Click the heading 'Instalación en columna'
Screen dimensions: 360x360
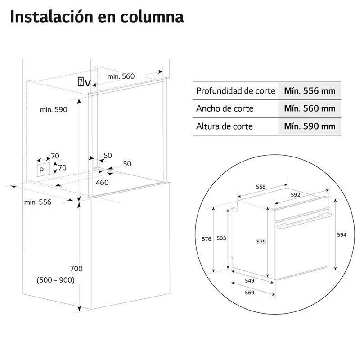pos(96,17)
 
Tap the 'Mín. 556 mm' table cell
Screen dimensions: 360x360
pos(310,91)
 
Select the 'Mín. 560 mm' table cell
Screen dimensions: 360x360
pos(310,108)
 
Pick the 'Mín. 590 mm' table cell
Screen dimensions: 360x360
pos(310,126)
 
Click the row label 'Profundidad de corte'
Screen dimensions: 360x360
pos(235,91)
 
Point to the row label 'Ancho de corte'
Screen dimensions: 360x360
pos(225,108)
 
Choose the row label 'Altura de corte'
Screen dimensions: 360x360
pos(224,126)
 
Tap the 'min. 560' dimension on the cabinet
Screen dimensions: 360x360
pos(121,76)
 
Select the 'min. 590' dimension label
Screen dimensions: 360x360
pos(53,109)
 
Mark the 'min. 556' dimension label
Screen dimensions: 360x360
pos(38,202)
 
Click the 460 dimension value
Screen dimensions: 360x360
pos(103,182)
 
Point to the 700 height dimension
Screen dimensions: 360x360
pos(76,269)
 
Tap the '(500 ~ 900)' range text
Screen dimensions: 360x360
pos(55,280)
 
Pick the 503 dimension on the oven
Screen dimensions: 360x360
pos(221,238)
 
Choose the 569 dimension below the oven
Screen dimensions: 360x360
pos(250,292)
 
